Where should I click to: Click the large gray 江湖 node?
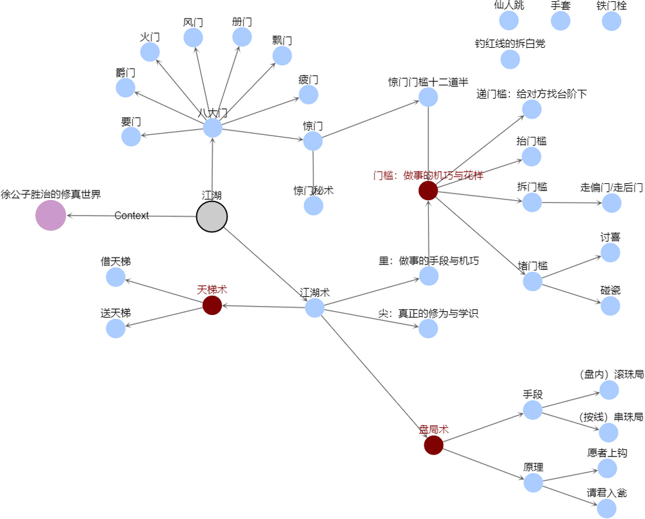pos(212,216)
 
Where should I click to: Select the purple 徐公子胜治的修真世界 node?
pos(51,215)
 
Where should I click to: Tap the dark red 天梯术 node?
pos(212,305)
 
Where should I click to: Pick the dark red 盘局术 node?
pos(433,445)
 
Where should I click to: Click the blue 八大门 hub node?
pos(212,128)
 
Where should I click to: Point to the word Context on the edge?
pos(132,216)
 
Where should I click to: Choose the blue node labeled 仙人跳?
pos(509,21)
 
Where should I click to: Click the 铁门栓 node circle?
pos(611,21)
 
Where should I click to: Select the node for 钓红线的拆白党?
pos(510,59)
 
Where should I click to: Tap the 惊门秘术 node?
pos(313,206)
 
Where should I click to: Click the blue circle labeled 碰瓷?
pos(610,306)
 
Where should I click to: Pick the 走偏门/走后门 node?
pos(611,203)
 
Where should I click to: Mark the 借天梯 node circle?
pos(115,277)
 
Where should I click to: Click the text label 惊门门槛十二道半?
pos(428,82)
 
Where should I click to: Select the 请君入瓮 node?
pos(606,508)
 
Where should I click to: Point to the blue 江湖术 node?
pos(315,308)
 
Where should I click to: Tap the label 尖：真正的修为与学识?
pos(428,314)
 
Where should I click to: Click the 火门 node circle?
pos(150,52)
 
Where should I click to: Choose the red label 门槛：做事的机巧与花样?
pos(428,175)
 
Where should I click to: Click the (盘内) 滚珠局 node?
pos(609,390)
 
